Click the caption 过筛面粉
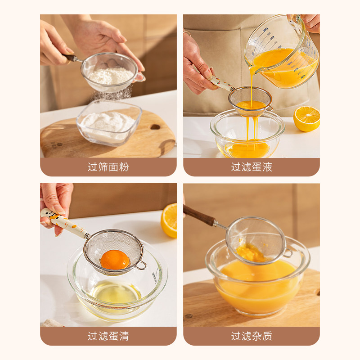[108, 167]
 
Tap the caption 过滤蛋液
[252, 167]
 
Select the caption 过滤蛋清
[108, 336]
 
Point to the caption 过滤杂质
[252, 336]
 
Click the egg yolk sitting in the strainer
[115, 260]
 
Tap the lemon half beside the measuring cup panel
[306, 119]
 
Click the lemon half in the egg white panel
[169, 220]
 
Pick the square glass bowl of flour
[109, 123]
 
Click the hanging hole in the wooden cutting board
[155, 127]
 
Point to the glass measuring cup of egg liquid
[282, 52]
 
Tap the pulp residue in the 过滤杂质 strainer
[250, 252]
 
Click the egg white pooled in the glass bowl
[116, 294]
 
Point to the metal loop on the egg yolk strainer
[141, 265]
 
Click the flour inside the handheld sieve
[111, 76]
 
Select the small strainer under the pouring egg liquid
[250, 101]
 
